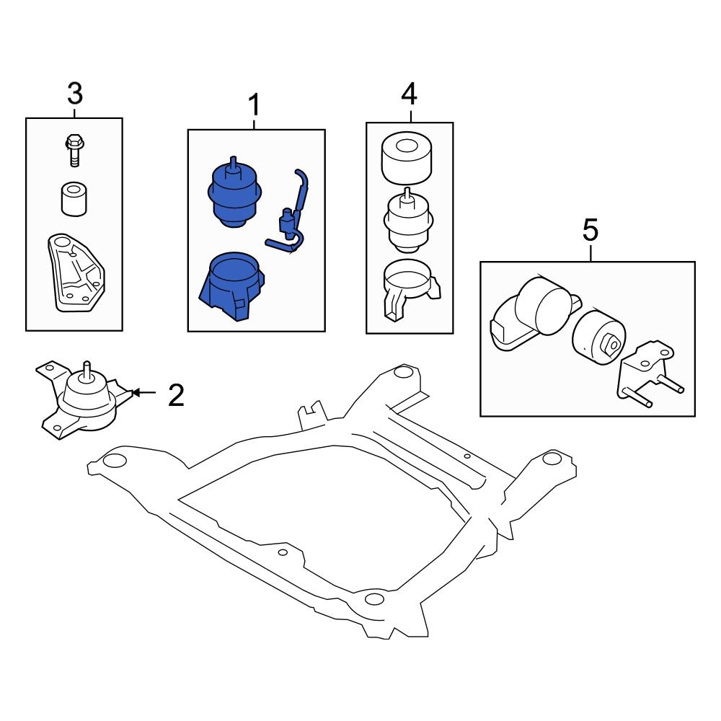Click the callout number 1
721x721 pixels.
tap(254, 107)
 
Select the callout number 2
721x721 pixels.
tap(176, 394)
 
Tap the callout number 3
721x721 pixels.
tap(74, 94)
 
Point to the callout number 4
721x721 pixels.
tap(409, 94)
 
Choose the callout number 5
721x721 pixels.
tap(590, 231)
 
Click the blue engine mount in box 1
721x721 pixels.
tap(234, 193)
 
